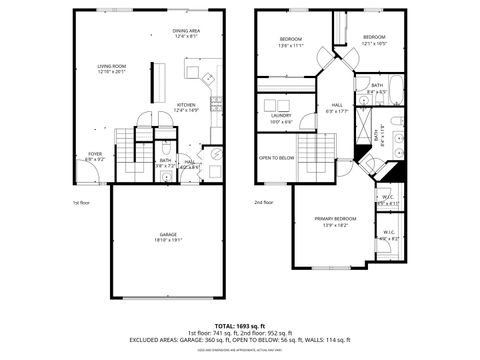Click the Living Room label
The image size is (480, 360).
(111, 66)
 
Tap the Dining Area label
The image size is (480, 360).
(186, 31)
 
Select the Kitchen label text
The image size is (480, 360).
(186, 105)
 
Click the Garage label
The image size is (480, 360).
(166, 236)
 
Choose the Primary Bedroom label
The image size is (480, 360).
(335, 218)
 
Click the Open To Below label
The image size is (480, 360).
(276, 158)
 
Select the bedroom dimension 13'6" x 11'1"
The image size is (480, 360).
(291, 45)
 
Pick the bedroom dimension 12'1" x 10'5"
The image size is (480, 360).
(374, 43)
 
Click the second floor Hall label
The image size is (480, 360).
(336, 105)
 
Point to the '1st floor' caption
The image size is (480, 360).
(81, 203)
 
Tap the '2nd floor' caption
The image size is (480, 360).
(264, 203)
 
